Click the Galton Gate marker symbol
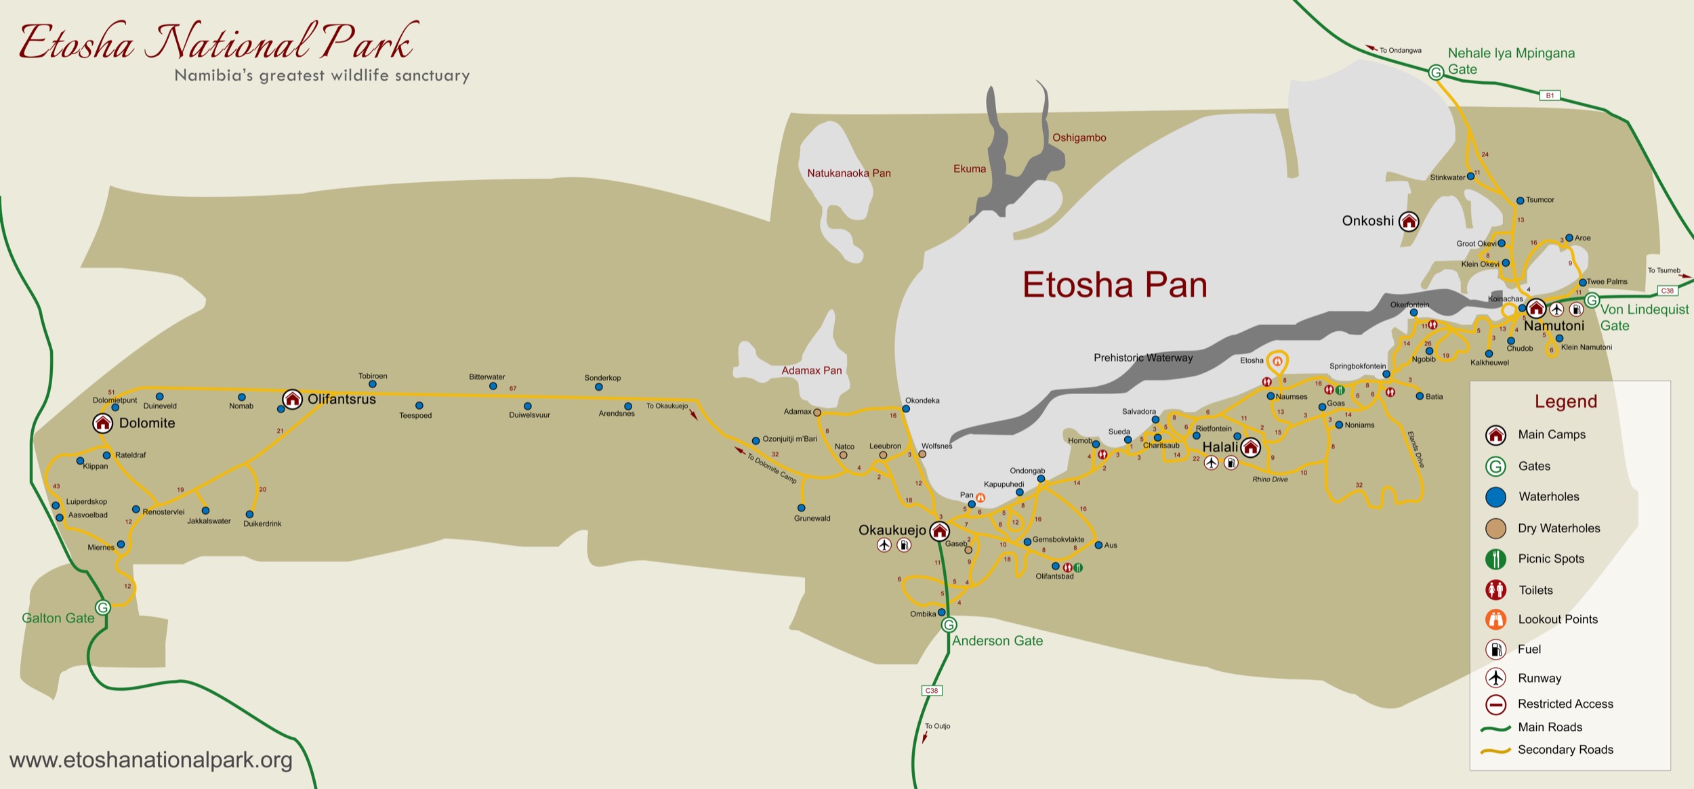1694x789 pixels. point(103,607)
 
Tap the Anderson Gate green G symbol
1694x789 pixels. point(949,625)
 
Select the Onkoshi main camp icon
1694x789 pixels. point(1409,221)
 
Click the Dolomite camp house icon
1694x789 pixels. point(102,423)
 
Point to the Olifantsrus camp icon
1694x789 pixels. point(292,399)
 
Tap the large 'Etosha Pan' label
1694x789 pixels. point(1115,285)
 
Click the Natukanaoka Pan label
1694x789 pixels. point(848,173)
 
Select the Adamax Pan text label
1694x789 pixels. point(811,370)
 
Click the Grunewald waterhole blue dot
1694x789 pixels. point(801,507)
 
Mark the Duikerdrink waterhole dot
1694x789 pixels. point(249,514)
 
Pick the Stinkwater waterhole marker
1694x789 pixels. point(1470,177)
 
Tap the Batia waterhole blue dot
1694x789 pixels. point(1420,396)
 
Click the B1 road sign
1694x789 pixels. point(1550,95)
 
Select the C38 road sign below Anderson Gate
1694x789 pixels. point(932,690)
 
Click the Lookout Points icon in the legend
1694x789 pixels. point(1495,619)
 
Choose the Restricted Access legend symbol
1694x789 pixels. point(1495,704)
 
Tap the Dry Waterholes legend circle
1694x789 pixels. point(1495,528)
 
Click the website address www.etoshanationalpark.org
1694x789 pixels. point(151,760)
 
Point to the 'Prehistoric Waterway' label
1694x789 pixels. point(1143,358)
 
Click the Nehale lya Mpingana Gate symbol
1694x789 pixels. point(1436,72)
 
